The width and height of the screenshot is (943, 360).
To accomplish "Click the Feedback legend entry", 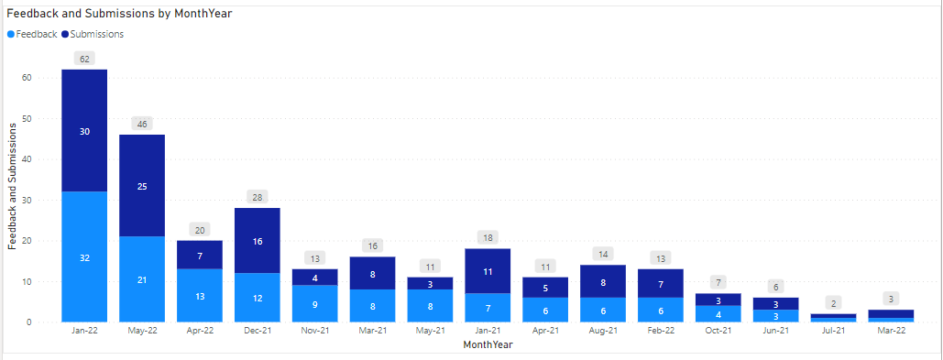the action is point(32,34).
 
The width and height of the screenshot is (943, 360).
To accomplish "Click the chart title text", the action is point(119,13).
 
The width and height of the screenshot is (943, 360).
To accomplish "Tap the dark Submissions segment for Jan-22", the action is point(84,131).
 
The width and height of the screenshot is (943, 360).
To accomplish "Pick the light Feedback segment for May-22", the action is point(142,279).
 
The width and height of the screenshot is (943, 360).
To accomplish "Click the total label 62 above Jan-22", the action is point(84,59).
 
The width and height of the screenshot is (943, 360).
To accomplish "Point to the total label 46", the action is point(142,124).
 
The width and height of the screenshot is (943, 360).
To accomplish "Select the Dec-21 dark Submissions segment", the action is point(258,241).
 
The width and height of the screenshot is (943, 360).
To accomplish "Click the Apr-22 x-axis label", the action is point(200,331).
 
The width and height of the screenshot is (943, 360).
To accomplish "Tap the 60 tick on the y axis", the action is point(27,78).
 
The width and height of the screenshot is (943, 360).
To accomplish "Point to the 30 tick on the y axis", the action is point(27,200).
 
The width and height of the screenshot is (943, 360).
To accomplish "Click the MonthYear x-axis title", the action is point(488,344).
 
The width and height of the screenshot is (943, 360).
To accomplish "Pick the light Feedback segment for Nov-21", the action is point(315,304).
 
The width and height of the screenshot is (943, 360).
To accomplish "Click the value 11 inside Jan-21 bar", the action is point(488,272).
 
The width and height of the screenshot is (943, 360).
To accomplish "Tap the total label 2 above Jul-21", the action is point(834,303).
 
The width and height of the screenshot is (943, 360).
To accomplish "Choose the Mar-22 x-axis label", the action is point(892,331).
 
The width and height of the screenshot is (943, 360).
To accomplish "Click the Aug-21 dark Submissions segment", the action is point(603,281).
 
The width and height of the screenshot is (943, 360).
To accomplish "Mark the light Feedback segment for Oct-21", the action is point(718,314).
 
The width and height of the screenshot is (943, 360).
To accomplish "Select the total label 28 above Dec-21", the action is point(258,197).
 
